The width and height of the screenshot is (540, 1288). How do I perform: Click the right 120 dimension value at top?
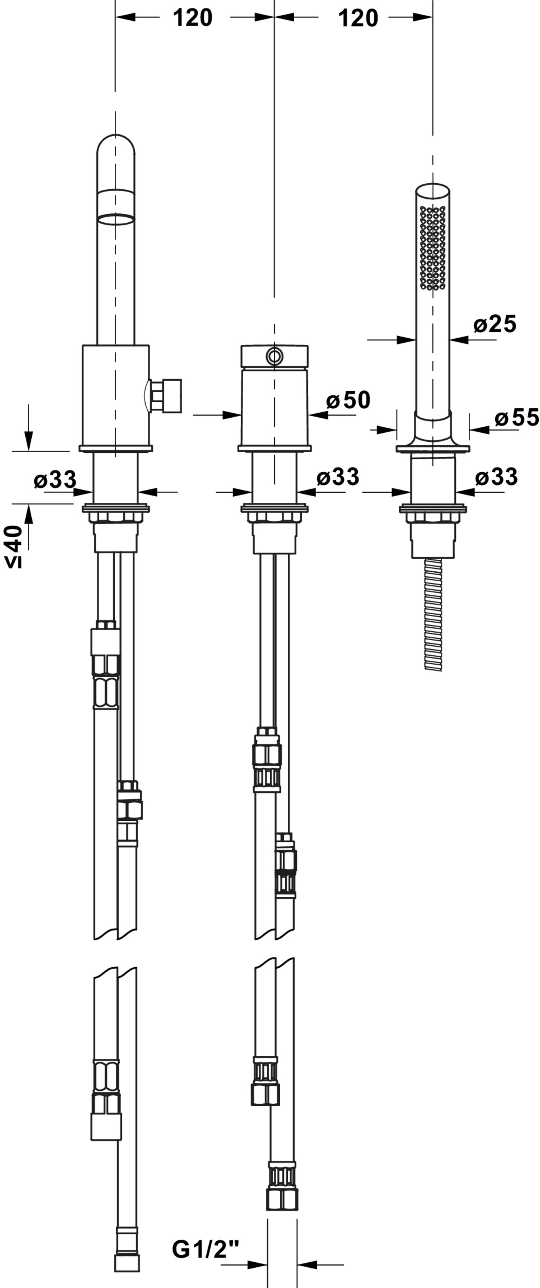coord(358,18)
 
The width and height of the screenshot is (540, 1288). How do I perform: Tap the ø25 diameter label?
coord(494,324)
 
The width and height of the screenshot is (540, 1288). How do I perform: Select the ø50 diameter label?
coord(348,400)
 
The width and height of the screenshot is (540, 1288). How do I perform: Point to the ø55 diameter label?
coord(517,417)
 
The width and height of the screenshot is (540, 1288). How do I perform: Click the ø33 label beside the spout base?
coord(55,480)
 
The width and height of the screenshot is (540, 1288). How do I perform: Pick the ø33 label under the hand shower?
coord(496,477)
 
